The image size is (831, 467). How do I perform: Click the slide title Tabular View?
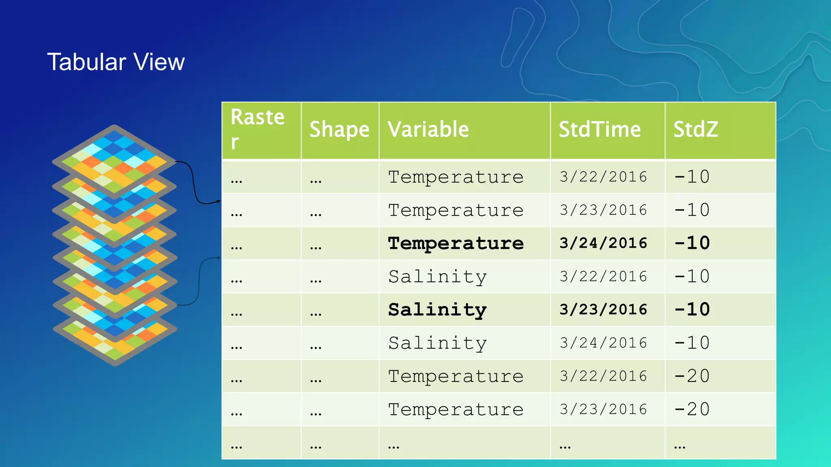tap(116, 62)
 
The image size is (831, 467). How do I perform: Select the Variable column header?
tap(428, 130)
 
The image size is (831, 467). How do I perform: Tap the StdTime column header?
tap(599, 130)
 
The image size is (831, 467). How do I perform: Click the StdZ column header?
tap(695, 130)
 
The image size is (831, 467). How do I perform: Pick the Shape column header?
tap(339, 130)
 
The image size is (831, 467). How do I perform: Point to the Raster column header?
tap(257, 129)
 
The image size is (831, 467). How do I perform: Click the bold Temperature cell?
tap(456, 243)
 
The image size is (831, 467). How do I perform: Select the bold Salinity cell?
tap(437, 310)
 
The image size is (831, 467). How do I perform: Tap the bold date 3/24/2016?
tap(603, 243)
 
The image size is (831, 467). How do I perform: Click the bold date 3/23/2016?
tap(603, 310)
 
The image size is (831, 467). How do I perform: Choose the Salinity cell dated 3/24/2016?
tap(437, 343)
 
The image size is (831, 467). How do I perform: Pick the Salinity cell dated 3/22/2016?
tap(437, 276)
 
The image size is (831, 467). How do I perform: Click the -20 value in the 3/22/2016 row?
tap(692, 376)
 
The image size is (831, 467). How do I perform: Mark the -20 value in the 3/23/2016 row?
tap(692, 409)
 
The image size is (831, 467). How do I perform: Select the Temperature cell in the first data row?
tap(456, 177)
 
